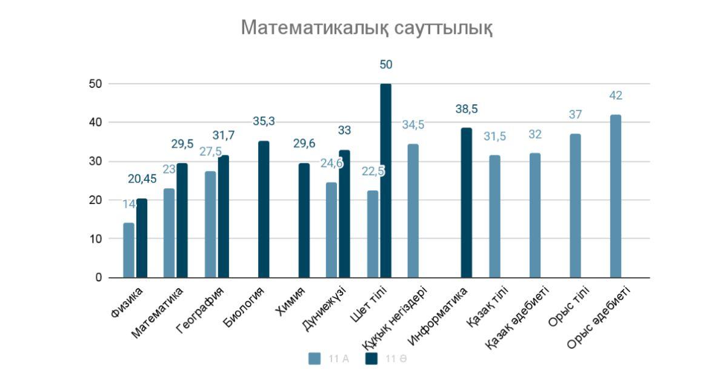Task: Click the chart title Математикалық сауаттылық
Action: (x=367, y=28)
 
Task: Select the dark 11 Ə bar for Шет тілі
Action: (x=385, y=181)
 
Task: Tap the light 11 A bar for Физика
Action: (x=128, y=250)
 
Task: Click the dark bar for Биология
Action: (x=264, y=209)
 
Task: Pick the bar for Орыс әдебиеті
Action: (x=616, y=196)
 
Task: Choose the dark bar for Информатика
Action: (x=467, y=203)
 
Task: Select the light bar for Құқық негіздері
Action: (x=413, y=211)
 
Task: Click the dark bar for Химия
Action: (x=304, y=220)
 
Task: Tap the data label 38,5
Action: (x=467, y=109)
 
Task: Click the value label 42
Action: (x=616, y=95)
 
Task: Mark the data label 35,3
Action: (x=264, y=122)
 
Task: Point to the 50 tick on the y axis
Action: (x=95, y=84)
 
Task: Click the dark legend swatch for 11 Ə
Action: (x=371, y=359)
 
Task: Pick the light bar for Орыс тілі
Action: (x=575, y=206)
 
